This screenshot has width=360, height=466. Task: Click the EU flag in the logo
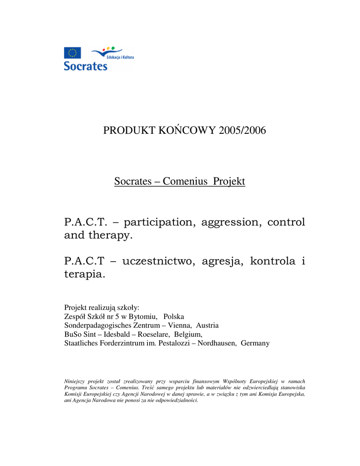pyautogui.click(x=72, y=53)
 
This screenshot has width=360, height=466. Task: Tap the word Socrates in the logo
pyautogui.click(x=86, y=66)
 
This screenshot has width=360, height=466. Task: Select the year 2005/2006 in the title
pyautogui.click(x=242, y=131)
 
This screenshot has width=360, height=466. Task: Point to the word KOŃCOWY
pyautogui.click(x=187, y=131)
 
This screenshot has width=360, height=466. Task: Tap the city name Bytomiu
pyautogui.click(x=143, y=316)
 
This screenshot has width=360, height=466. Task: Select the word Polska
pyautogui.click(x=174, y=316)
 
